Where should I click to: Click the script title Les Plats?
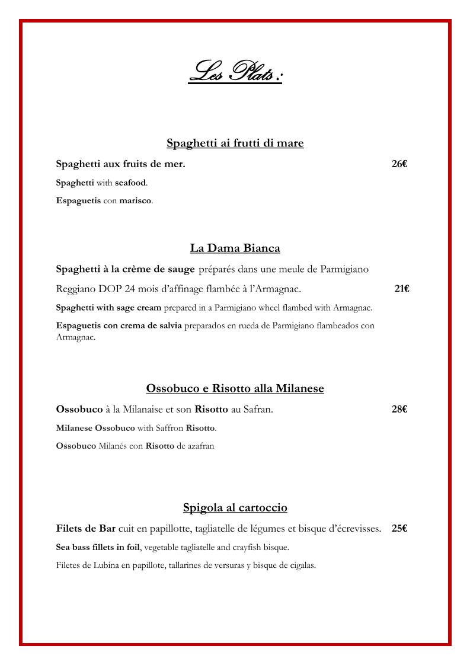pyautogui.click(x=235, y=72)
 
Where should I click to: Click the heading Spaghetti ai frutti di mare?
pyautogui.click(x=235, y=143)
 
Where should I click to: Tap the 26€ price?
pyautogui.click(x=399, y=164)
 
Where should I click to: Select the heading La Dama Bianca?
pyautogui.click(x=235, y=248)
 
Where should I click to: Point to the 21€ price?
pyautogui.click(x=402, y=289)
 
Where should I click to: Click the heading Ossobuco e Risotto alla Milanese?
pyautogui.click(x=235, y=388)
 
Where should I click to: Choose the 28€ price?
pyautogui.click(x=399, y=409)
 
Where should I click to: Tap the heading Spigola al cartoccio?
pyautogui.click(x=235, y=507)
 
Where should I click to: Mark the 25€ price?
pyautogui.click(x=399, y=528)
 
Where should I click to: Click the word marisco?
pyautogui.click(x=135, y=201)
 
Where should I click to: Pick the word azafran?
pyautogui.click(x=200, y=446)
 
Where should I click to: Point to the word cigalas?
pyautogui.click(x=300, y=565)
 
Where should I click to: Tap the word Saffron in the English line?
pyautogui.click(x=170, y=428)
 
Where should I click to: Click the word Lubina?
pyautogui.click(x=104, y=565)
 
